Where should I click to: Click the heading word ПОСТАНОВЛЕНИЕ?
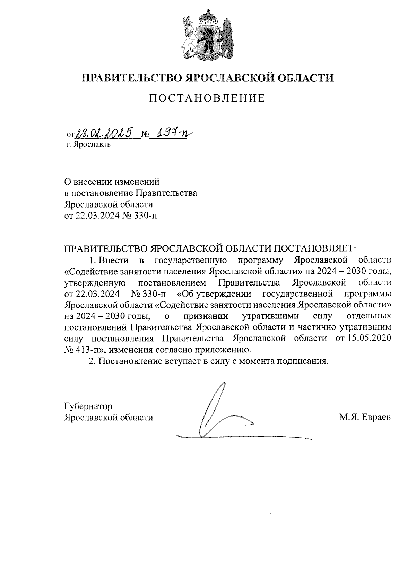pos(207,98)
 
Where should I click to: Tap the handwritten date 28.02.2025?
pos(104,132)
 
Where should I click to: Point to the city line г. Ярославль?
pos(89,144)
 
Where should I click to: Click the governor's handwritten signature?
pos(222,412)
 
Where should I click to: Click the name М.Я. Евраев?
pos(365,418)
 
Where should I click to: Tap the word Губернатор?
pos(88,406)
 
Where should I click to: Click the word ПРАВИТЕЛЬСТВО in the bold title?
pos(132,78)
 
